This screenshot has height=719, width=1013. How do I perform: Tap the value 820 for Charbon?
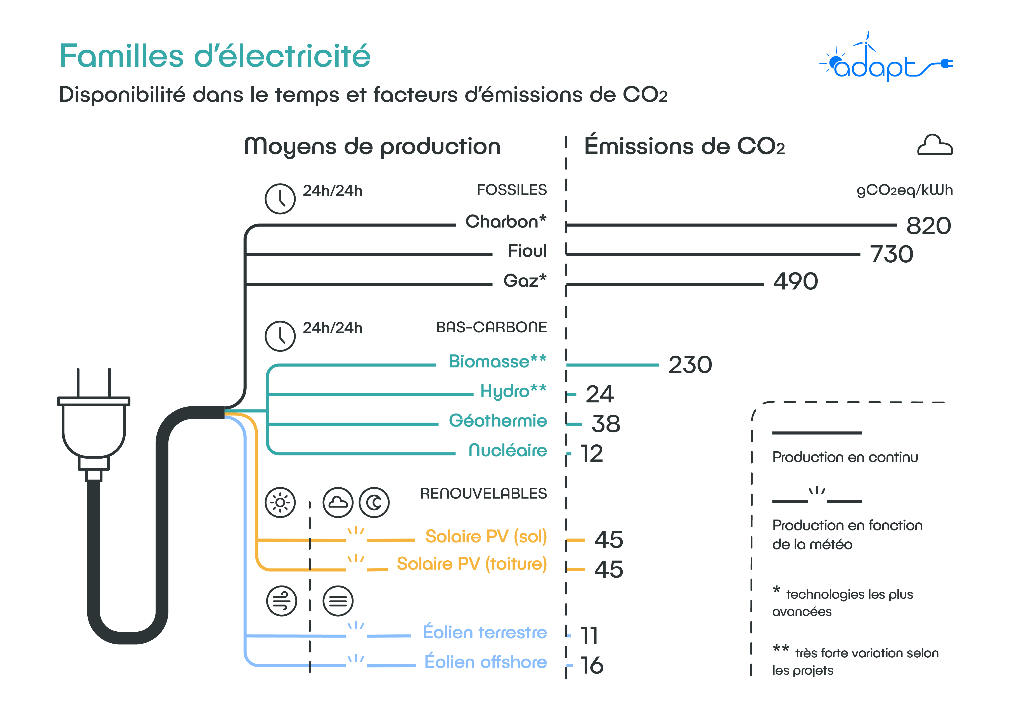928,226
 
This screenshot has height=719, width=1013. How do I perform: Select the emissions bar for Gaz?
665,284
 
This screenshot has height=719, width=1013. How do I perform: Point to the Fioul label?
527,251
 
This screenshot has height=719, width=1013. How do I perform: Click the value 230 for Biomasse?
690,365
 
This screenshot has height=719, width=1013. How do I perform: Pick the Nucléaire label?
508,450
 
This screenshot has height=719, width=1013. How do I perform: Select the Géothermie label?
498,421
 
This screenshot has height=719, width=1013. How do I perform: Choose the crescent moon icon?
374,502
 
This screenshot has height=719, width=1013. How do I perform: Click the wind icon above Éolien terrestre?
282,601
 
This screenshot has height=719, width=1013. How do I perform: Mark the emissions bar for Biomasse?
613,365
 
